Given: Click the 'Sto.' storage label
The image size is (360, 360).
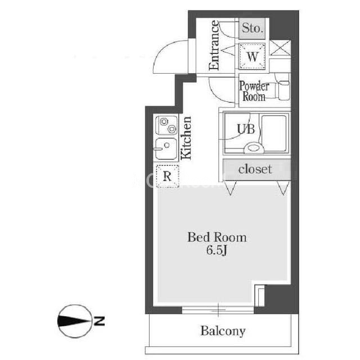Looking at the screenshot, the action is click(x=253, y=28).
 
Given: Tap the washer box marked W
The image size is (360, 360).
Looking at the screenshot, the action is click(x=252, y=56).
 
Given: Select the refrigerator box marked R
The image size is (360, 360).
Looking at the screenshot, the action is click(x=167, y=176).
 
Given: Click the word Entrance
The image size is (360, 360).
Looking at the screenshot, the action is click(x=214, y=45).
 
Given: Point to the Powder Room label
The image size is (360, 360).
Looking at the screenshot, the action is click(x=254, y=91).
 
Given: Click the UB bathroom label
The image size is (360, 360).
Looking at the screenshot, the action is click(x=246, y=129).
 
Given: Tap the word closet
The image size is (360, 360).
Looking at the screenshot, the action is click(x=255, y=169).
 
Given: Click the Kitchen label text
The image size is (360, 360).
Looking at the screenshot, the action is click(x=186, y=138).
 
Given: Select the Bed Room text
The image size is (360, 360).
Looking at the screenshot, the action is click(x=217, y=237).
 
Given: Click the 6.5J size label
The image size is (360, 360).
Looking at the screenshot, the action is click(x=217, y=250).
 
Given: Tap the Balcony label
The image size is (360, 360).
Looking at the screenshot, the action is click(x=223, y=331).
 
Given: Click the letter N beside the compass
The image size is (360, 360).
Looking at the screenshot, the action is click(x=99, y=321).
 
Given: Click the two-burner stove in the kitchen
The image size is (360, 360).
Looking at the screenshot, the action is click(x=166, y=125).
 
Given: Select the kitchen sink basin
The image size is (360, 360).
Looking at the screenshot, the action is click(x=166, y=148).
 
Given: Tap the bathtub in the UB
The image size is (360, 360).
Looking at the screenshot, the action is click(x=274, y=133).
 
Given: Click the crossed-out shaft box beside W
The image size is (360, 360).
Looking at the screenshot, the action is click(x=280, y=48).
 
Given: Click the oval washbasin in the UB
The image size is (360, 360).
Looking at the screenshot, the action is click(x=254, y=147).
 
